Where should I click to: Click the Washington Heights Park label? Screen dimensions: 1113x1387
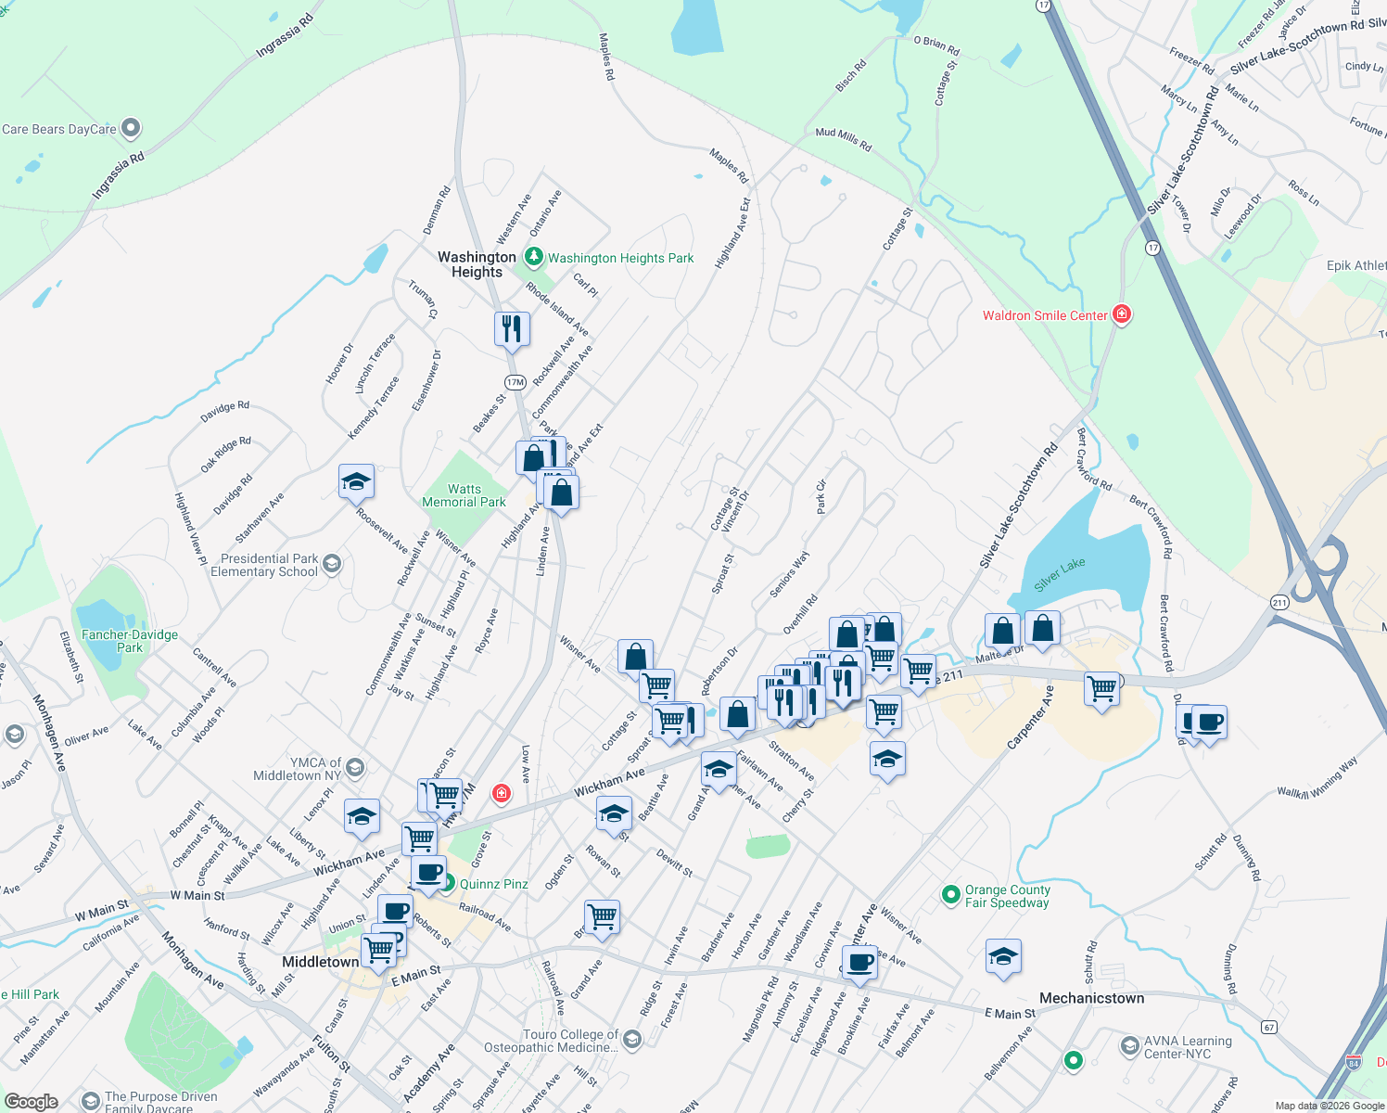(x=620, y=258)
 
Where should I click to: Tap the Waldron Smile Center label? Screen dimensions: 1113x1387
(x=1045, y=315)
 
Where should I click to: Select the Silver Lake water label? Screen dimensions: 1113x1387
(x=1059, y=575)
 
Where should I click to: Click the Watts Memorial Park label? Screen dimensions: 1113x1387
(x=464, y=495)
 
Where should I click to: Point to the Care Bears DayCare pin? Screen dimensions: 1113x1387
(x=131, y=127)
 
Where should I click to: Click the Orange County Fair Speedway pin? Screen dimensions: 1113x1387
(x=950, y=895)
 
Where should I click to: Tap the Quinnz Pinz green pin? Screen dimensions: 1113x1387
(x=447, y=883)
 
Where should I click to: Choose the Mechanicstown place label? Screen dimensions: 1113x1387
(x=1091, y=998)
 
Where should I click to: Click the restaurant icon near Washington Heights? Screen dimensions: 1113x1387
(x=511, y=328)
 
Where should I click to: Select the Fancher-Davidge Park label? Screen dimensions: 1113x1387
(x=130, y=641)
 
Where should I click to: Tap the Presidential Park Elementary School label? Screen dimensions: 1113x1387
(x=264, y=565)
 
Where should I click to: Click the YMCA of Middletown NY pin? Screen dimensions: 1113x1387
(x=354, y=768)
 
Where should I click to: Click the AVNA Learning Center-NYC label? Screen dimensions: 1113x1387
(x=1188, y=1047)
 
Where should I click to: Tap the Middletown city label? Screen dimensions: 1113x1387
(x=320, y=962)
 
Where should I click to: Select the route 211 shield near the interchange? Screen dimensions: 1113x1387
(x=1279, y=602)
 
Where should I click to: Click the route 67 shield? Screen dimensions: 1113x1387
(x=1269, y=1027)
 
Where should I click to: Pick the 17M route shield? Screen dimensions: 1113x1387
(x=515, y=382)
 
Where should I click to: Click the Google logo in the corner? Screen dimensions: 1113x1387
(x=31, y=1102)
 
